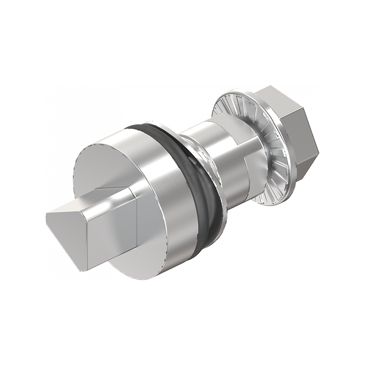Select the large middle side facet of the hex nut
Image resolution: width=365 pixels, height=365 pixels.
coord(297,132)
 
